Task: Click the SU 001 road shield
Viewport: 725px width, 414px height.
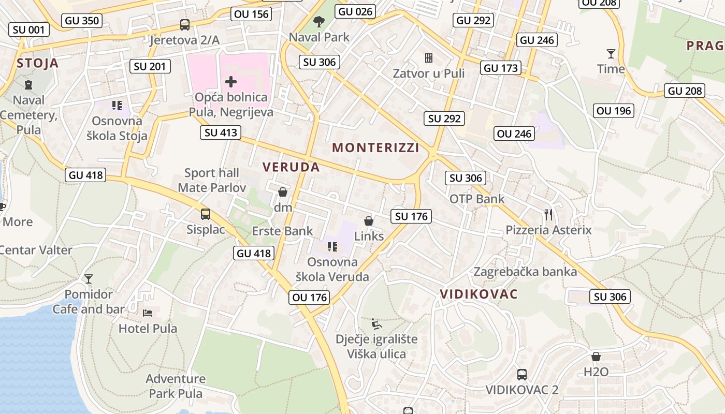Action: [29, 29]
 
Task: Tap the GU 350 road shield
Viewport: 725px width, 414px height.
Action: [82, 21]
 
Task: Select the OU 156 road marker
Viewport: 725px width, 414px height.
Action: [252, 14]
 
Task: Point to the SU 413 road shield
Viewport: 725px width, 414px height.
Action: [221, 132]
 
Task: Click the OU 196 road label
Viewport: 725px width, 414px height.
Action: [614, 110]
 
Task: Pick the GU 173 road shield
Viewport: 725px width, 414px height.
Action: [500, 68]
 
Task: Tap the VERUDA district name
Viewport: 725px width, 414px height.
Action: [291, 167]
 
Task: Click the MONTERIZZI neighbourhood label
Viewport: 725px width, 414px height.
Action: [375, 147]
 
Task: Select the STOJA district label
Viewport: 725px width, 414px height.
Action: [37, 64]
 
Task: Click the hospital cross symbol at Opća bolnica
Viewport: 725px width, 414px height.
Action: [231, 82]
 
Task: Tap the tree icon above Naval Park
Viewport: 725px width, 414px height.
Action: [319, 22]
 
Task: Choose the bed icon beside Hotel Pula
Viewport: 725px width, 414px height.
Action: [148, 313]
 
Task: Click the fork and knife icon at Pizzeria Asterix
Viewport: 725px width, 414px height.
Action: [548, 214]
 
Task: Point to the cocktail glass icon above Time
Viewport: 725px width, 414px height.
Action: [611, 53]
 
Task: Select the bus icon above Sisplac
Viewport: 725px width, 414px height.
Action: [206, 214]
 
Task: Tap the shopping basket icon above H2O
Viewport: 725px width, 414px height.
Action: [596, 357]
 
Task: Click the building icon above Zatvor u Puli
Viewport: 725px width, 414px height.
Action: [428, 57]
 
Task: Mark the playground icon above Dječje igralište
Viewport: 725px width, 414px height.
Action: [376, 324]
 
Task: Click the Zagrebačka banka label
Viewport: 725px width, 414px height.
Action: [525, 272]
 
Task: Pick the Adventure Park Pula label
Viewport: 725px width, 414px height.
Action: [176, 386]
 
